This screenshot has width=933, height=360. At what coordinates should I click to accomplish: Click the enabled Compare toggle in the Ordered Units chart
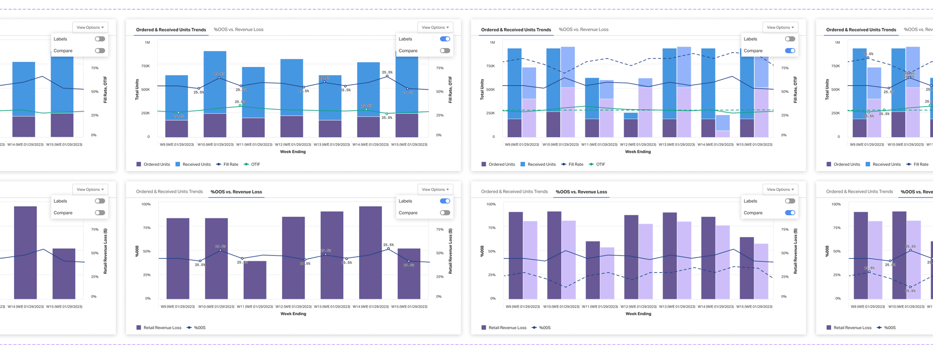tap(790, 51)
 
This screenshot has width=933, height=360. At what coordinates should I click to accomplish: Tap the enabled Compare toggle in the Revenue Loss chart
tap(790, 213)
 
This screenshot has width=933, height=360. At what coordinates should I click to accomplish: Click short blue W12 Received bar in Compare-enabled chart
tap(631, 115)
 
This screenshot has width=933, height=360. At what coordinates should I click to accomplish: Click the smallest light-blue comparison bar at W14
tap(723, 123)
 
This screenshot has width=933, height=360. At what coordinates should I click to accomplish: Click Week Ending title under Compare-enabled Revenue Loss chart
tap(638, 314)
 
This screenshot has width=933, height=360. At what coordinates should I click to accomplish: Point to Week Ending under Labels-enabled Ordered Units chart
tap(293, 152)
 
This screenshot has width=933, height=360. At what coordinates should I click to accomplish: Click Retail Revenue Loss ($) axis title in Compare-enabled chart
tap(795, 251)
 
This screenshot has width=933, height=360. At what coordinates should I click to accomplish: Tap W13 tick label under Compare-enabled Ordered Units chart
tap(677, 145)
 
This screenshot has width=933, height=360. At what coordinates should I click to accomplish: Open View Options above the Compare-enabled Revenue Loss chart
tap(780, 189)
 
